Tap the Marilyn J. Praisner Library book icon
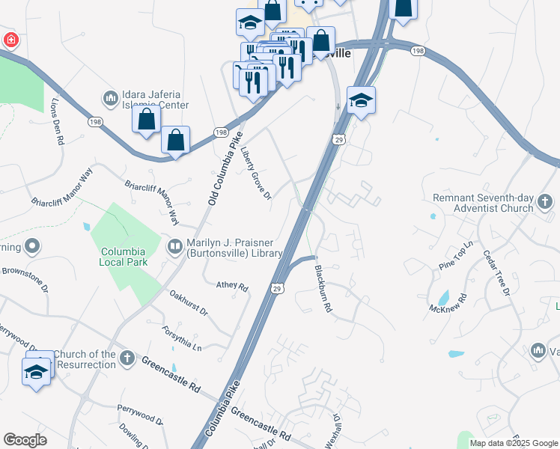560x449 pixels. coord(174,246)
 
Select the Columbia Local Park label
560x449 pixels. coord(124,257)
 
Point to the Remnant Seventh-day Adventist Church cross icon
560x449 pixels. coord(544,202)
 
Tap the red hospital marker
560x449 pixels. coord(10,40)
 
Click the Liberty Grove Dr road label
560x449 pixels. coord(255,171)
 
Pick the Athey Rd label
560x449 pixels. coord(231,286)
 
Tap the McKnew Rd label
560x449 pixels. coord(448,303)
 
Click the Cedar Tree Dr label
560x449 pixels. coord(496,272)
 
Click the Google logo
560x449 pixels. coord(25,440)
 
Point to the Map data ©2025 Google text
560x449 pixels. coord(514,443)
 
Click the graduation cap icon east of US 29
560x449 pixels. coord(361,101)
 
